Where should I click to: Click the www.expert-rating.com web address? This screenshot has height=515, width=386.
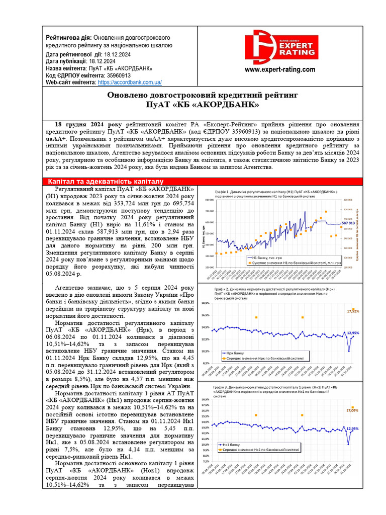coord(280,70)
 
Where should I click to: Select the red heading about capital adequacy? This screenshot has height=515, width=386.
coord(106,181)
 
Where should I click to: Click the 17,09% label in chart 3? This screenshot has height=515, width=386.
coord(352,411)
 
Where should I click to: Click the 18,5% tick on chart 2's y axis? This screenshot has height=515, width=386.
coord(205,303)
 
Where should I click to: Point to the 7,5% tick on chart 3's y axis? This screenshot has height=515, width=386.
coord(206,461)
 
